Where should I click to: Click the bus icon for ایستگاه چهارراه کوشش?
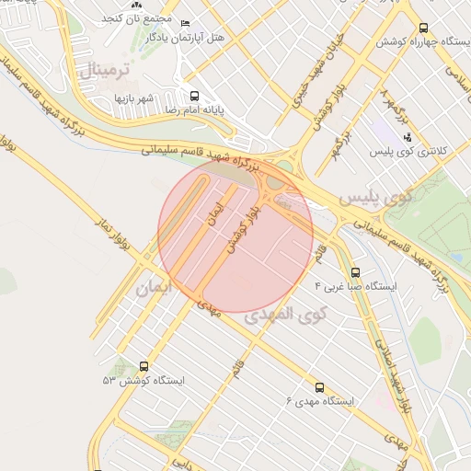click(423, 29)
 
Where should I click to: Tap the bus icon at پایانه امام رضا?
click(193, 95)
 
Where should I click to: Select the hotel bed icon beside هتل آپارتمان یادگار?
click(185, 23)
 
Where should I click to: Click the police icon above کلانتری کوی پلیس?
click(408, 136)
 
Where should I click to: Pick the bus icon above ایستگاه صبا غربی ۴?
click(355, 271)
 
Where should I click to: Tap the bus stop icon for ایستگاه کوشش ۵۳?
click(143, 365)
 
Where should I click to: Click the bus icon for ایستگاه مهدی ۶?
click(319, 387)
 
